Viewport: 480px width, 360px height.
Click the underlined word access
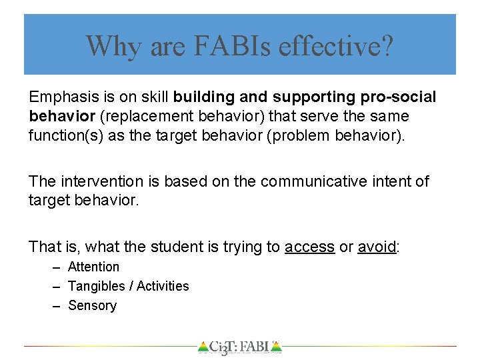(x=309, y=247)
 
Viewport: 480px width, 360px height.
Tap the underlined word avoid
(x=377, y=247)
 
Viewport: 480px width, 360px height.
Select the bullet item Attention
(x=94, y=267)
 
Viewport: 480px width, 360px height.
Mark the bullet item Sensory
(x=92, y=305)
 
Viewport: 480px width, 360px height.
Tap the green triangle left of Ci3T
(x=203, y=347)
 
